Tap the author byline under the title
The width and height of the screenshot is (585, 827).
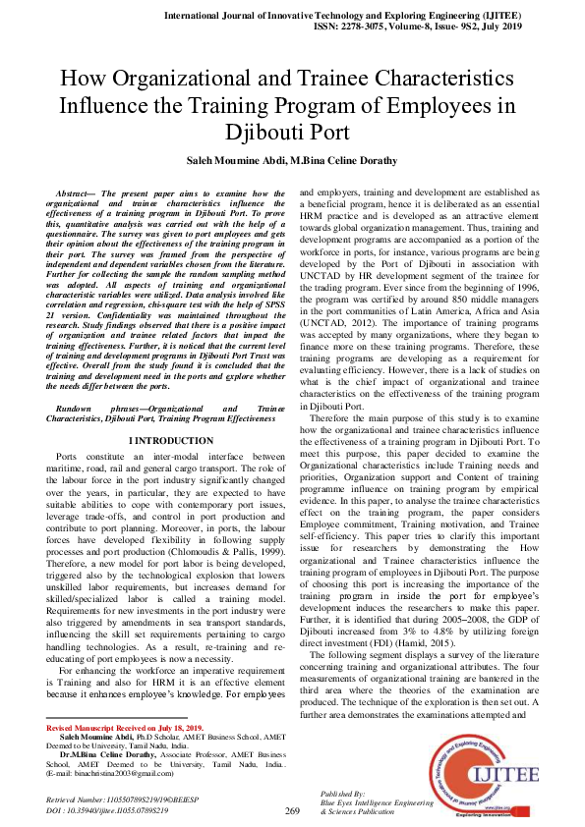click(293, 160)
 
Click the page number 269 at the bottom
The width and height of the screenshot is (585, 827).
click(291, 811)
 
